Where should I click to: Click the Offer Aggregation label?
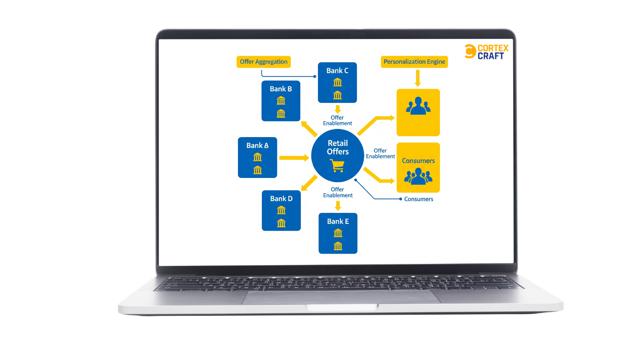(264, 62)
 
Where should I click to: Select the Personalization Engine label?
(414, 62)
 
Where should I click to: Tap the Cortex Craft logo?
(486, 52)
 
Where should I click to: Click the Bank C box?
(337, 83)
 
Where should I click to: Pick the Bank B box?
(281, 101)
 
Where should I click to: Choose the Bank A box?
(257, 157)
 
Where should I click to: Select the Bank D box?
(281, 210)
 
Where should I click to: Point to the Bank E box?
(338, 233)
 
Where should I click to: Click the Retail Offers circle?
(338, 155)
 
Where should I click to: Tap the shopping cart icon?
(337, 165)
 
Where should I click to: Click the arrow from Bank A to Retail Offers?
(294, 158)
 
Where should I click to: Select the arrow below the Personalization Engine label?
(418, 78)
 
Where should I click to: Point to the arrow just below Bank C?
(338, 109)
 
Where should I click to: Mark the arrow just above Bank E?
(338, 206)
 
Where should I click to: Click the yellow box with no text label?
(418, 112)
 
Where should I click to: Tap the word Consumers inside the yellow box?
(418, 161)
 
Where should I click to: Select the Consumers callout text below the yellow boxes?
(418, 199)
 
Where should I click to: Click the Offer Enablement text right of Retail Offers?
(380, 154)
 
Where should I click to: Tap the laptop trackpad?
(341, 297)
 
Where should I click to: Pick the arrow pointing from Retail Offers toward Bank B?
(309, 129)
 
